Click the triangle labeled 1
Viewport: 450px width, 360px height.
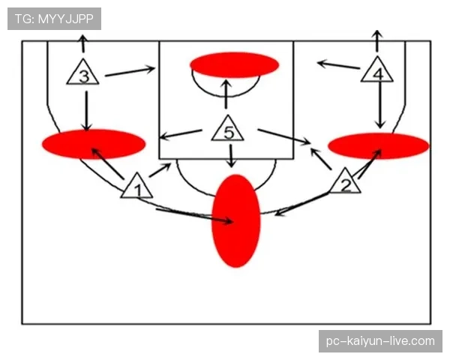(x=137, y=187)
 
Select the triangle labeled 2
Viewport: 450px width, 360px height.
(x=345, y=182)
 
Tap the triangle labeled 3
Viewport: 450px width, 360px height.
(x=83, y=73)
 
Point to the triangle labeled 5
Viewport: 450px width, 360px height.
(x=228, y=130)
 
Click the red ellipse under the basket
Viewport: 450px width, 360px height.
(x=234, y=64)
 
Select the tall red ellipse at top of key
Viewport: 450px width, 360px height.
(x=236, y=220)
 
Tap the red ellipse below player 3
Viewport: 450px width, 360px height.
(x=94, y=144)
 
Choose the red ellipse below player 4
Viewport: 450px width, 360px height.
(x=379, y=145)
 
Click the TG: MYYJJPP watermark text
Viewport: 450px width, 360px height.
(x=54, y=19)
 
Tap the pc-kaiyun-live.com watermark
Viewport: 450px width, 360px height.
(x=380, y=341)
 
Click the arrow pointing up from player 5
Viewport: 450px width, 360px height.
(x=226, y=94)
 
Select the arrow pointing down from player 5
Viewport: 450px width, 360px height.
(x=231, y=156)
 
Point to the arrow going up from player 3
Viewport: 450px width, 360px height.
(x=83, y=43)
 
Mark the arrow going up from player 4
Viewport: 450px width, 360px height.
(x=378, y=40)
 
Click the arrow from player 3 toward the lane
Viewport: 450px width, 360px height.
(x=130, y=71)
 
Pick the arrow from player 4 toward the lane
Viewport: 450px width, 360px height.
(x=338, y=64)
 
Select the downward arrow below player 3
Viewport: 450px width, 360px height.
(x=86, y=111)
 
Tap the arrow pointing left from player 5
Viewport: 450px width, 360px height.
(x=181, y=135)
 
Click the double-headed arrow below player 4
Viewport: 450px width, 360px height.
(x=380, y=104)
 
